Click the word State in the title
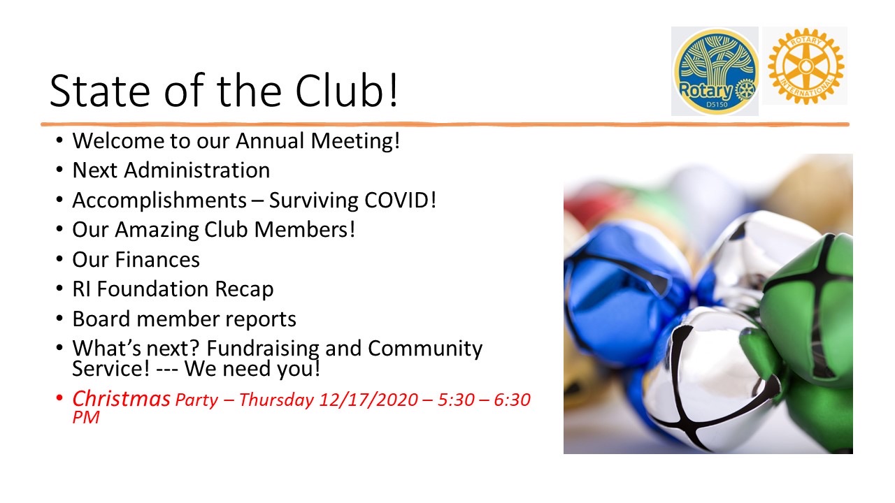click(100, 91)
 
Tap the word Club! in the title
click(347, 90)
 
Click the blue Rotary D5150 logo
click(715, 71)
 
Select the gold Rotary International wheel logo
click(805, 66)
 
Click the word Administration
click(197, 170)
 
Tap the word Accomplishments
click(159, 201)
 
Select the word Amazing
click(157, 231)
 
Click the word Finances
click(157, 259)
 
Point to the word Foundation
click(152, 289)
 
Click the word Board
click(101, 319)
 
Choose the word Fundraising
click(262, 349)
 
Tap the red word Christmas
click(121, 399)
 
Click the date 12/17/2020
click(368, 400)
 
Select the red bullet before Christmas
click(59, 398)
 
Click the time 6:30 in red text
click(512, 400)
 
